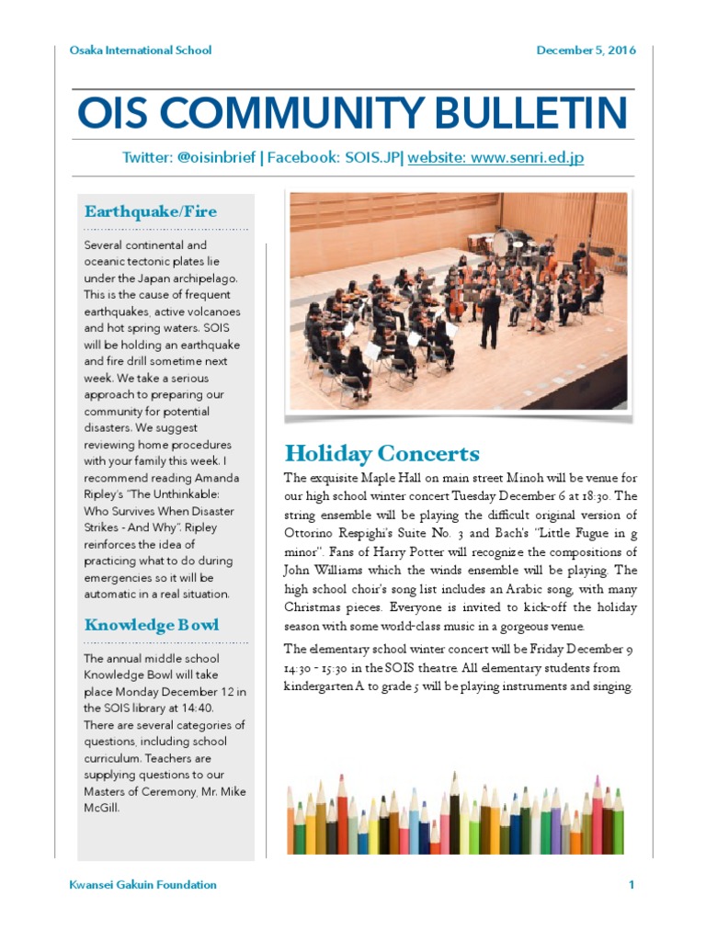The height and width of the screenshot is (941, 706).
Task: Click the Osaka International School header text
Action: click(x=141, y=50)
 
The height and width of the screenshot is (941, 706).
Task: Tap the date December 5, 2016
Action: click(x=586, y=50)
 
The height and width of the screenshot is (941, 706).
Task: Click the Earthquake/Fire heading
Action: click(x=151, y=211)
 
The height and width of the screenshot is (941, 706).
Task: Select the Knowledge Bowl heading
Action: click(x=152, y=625)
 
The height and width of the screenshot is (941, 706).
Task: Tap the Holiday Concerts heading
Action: click(x=381, y=453)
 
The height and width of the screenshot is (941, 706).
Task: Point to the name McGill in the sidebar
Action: click(x=101, y=809)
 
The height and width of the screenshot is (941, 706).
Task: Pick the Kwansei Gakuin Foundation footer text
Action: click(x=143, y=885)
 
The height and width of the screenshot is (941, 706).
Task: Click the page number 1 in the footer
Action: click(x=632, y=885)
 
